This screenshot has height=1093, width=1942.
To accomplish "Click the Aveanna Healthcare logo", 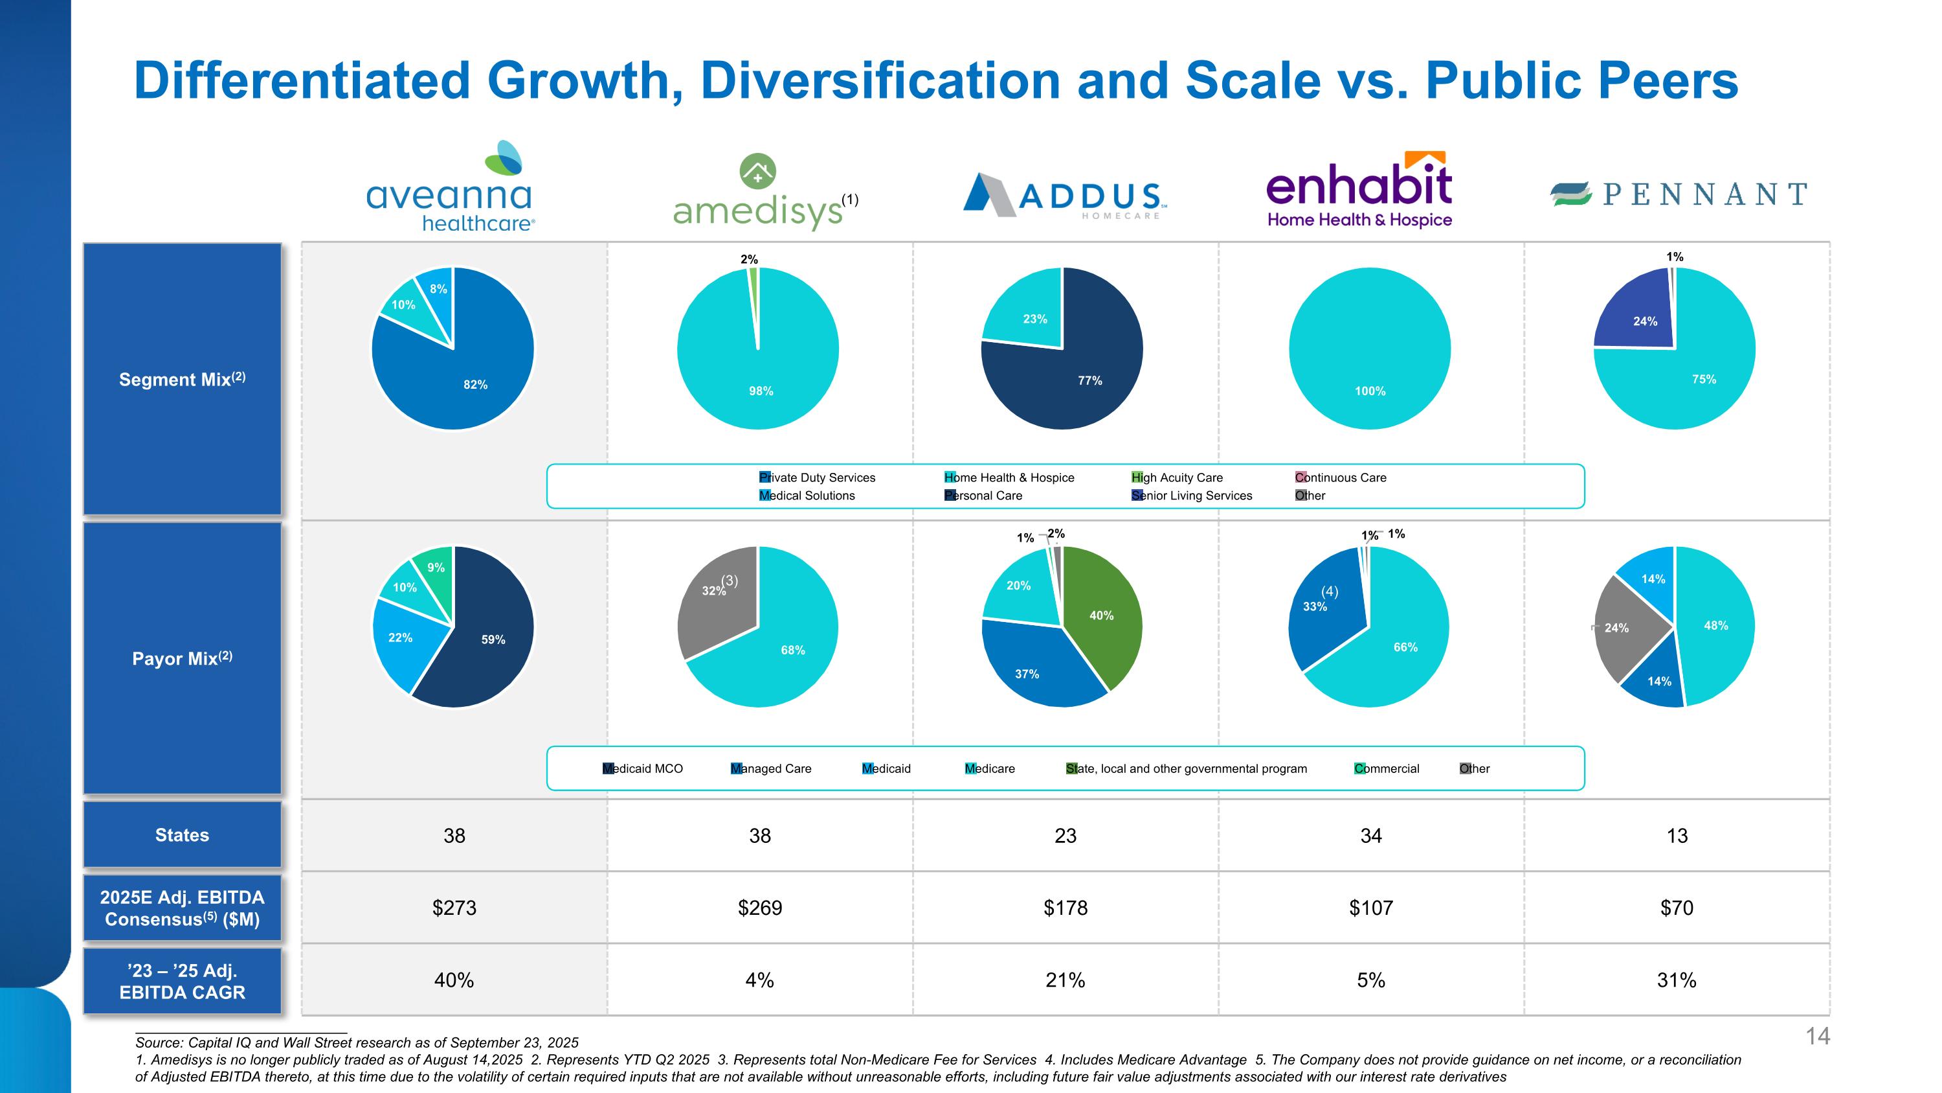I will pos(451,187).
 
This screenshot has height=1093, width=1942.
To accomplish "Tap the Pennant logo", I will pos(1678,194).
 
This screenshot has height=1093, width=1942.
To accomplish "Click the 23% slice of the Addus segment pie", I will pos(1029,317).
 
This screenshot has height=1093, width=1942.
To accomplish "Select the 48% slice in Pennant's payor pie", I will pos(1715,626).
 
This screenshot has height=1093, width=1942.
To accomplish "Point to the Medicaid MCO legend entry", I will pos(642,768).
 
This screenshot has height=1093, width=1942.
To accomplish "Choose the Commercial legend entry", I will pos(1387,768).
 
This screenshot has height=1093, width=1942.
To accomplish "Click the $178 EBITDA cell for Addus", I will pos(1066,908).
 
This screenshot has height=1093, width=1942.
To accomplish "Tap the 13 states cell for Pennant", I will pos(1677,836).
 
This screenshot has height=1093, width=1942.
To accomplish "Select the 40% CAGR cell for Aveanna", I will pos(454,980).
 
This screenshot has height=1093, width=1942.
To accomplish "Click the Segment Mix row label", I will pos(182,380).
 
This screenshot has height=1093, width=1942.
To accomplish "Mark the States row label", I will pos(182,835).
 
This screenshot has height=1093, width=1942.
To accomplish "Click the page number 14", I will pos(1818,1037).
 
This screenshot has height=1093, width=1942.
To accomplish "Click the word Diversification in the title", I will pos(880,81).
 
